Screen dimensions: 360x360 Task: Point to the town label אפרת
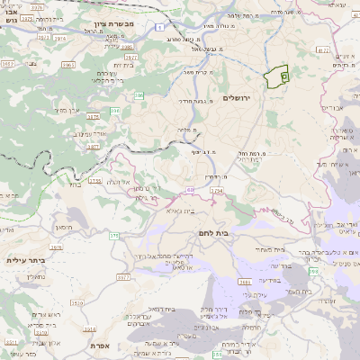[100, 345]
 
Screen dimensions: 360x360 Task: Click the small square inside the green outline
[283, 77]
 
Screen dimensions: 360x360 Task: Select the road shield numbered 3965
[67, 66]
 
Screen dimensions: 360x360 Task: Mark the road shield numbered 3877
[92, 146]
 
